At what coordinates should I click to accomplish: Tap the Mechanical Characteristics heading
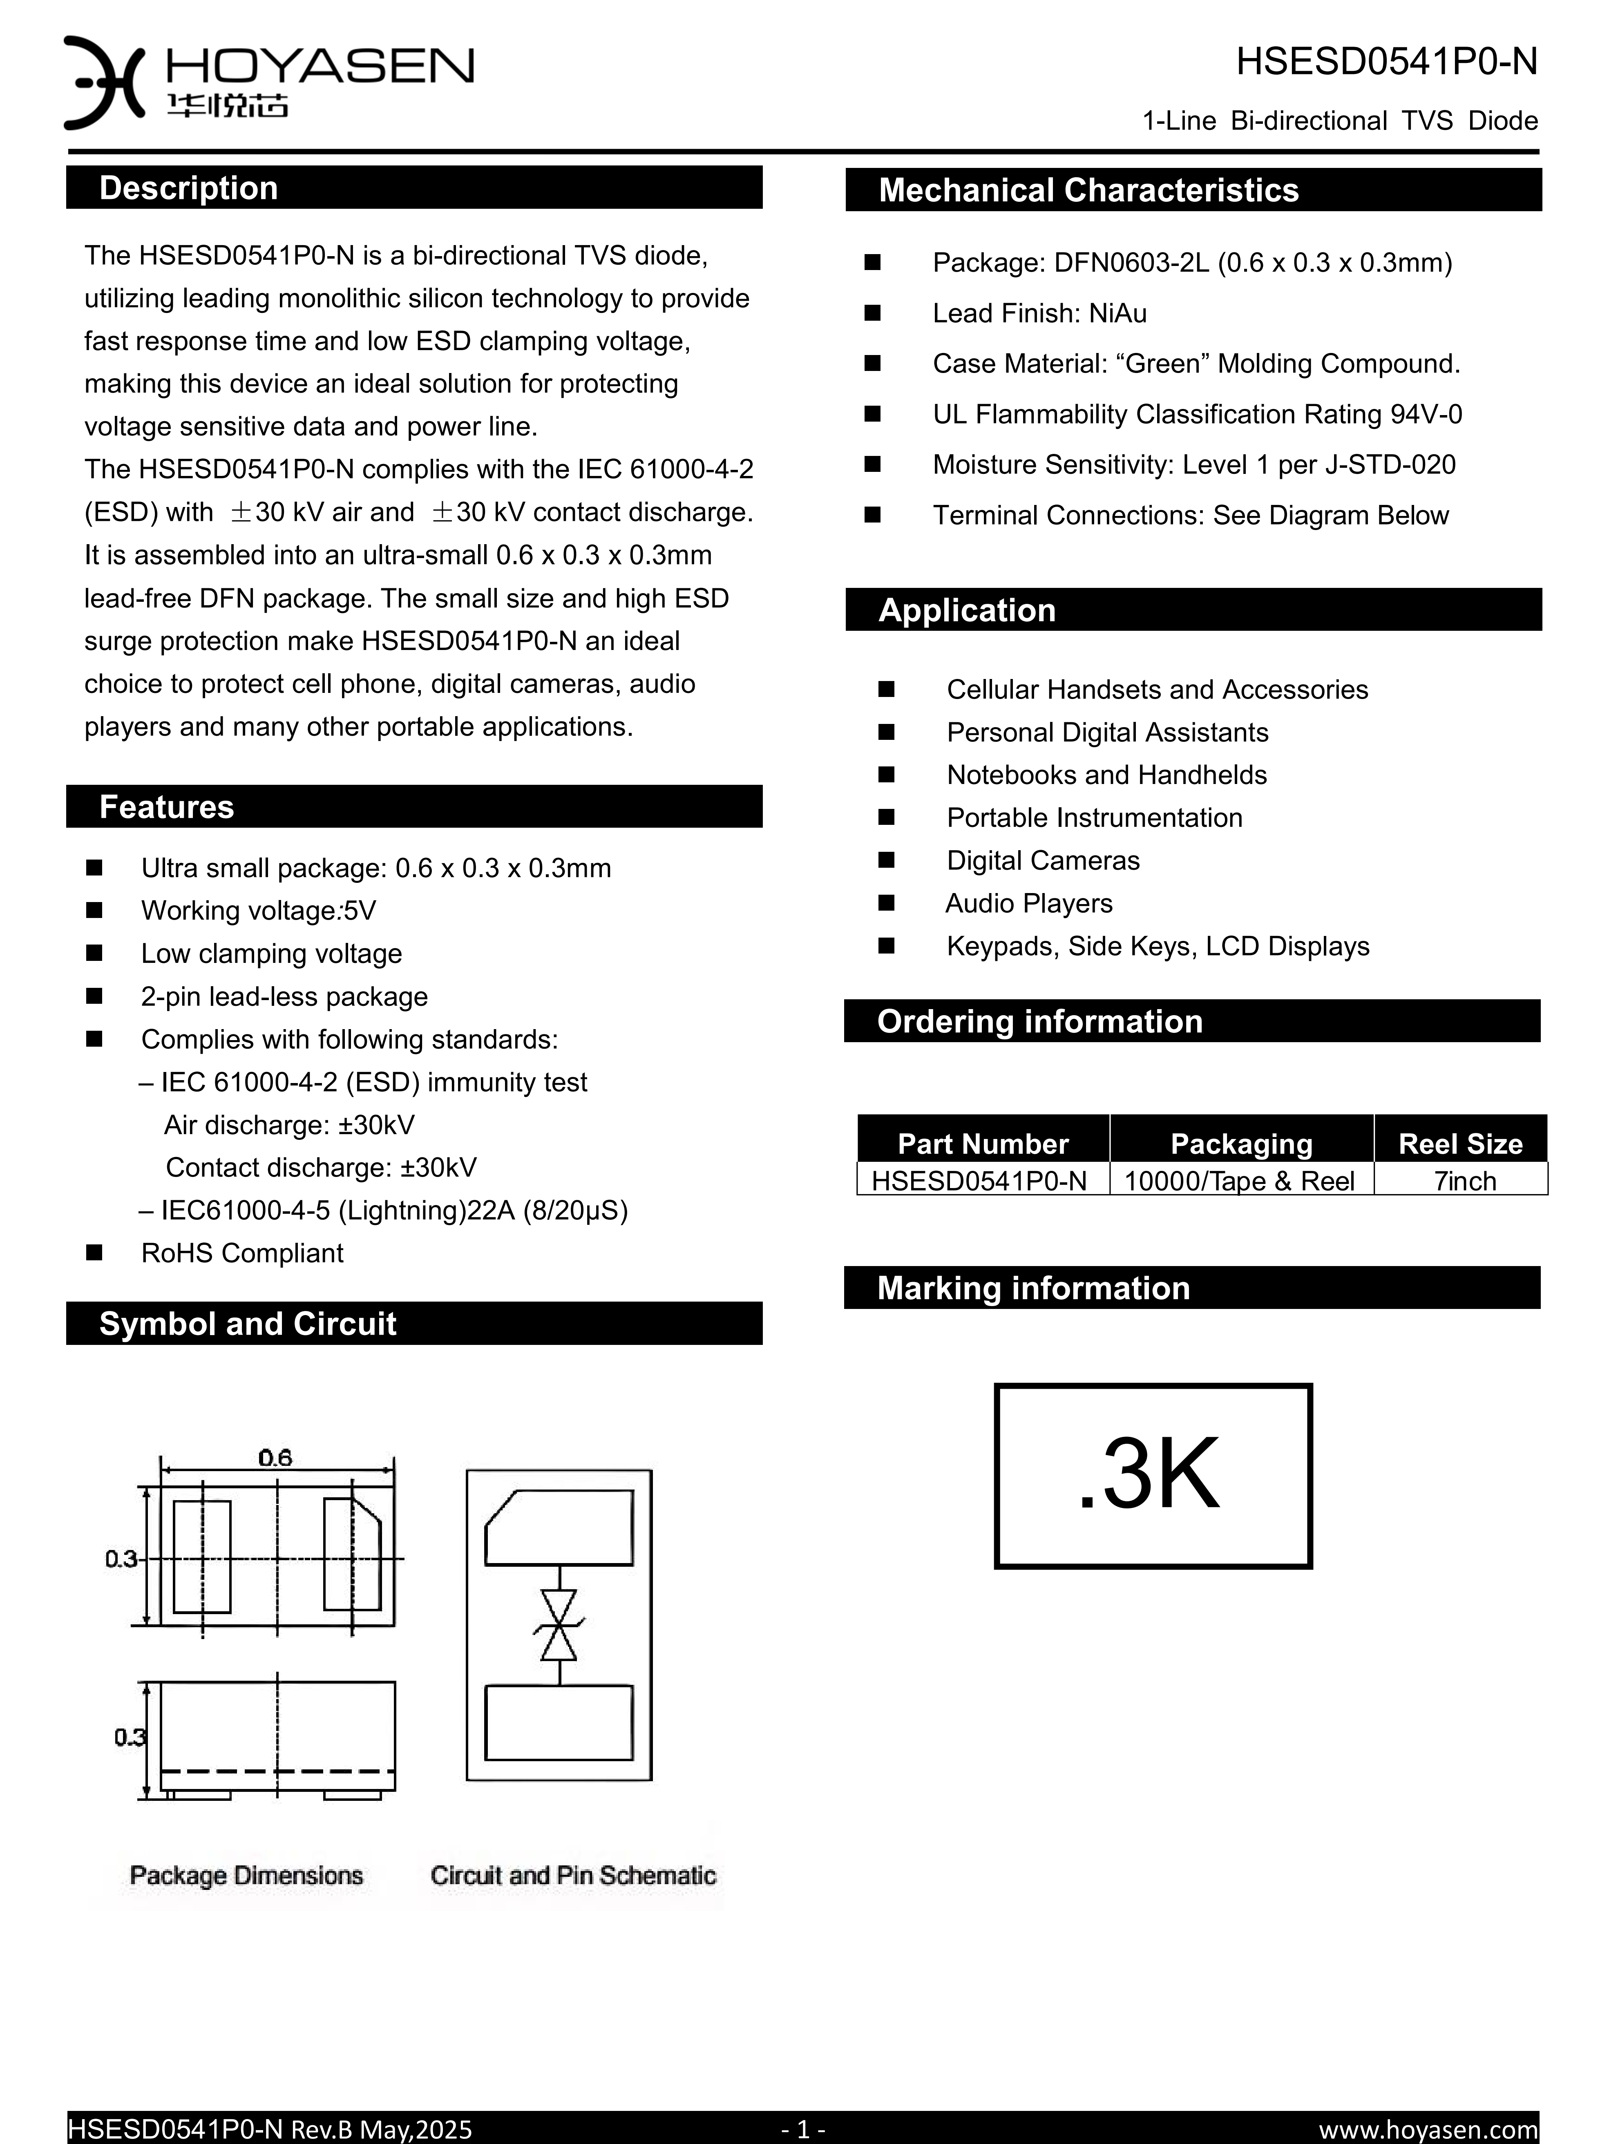pos(1088,190)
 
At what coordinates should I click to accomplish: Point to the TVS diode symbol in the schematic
pos(559,1626)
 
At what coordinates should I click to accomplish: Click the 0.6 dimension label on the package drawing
pos(275,1457)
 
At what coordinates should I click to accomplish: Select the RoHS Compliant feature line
pos(242,1253)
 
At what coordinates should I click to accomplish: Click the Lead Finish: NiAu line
pos(1039,313)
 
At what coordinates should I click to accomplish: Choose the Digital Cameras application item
pos(1043,861)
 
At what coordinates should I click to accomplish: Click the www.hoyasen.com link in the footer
pos(1428,2129)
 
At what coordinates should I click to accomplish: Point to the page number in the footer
pos(803,2129)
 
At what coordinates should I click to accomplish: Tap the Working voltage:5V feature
pos(258,911)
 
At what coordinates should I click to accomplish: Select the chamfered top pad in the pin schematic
pos(559,1528)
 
